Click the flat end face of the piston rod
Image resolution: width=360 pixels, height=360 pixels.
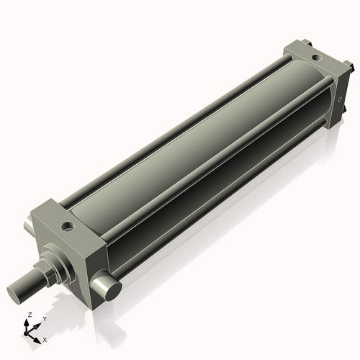(x=17, y=293)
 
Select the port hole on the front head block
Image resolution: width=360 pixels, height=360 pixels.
(x=68, y=227)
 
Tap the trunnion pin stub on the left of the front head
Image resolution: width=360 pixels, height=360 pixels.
(x=29, y=227)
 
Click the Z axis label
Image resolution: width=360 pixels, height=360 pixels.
(x=29, y=315)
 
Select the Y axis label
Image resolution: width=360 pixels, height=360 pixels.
(x=45, y=318)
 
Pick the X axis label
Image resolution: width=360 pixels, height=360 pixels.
(x=45, y=338)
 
